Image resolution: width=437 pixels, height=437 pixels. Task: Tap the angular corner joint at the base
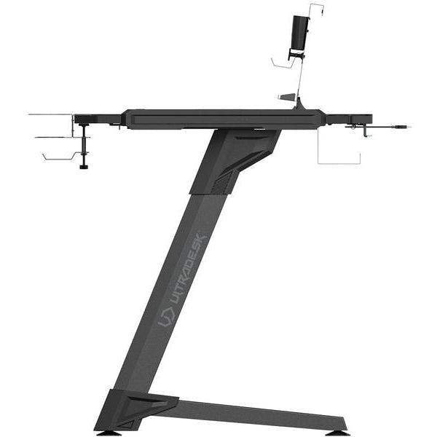tap(135, 409)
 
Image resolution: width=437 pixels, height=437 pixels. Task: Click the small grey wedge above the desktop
tap(287, 97)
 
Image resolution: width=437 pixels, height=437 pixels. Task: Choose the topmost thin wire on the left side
tap(51, 114)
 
